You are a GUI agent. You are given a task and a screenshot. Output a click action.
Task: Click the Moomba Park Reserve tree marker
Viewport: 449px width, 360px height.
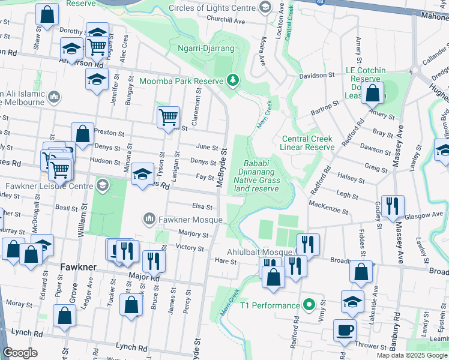233,80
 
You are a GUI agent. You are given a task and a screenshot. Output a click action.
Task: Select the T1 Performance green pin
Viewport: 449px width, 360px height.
309,305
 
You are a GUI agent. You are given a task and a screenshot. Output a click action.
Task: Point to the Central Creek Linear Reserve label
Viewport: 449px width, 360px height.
308,143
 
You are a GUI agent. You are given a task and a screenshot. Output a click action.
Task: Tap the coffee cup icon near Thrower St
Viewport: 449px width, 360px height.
345,330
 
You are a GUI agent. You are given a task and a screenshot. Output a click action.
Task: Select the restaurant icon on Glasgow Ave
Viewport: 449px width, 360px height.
390,205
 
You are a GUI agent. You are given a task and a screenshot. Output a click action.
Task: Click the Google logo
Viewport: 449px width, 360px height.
20,353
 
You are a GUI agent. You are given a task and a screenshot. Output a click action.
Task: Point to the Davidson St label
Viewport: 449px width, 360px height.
316,76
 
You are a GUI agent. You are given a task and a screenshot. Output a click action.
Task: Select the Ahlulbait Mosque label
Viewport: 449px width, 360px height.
261,252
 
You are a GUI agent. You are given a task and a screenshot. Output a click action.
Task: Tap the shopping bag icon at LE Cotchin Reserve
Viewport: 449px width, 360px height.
373,94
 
